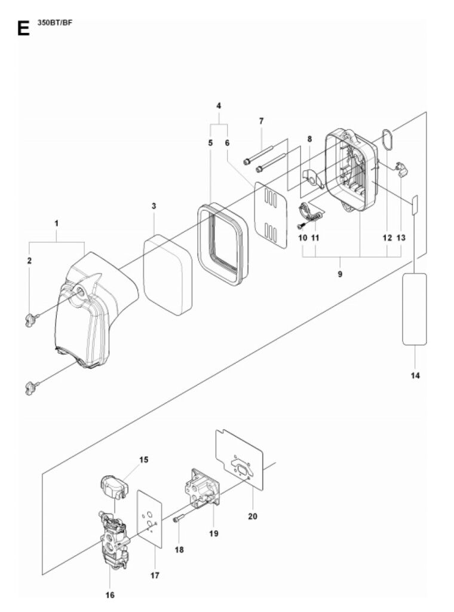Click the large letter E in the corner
[23, 28]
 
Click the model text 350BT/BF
[55, 22]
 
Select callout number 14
[415, 375]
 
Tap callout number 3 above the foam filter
[154, 206]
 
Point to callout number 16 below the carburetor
[110, 595]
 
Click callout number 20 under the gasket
[253, 516]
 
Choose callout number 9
[340, 274]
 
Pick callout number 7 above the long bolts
[261, 121]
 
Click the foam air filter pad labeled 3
[168, 275]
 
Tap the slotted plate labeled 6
[271, 215]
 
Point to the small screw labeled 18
[178, 521]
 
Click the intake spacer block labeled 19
[202, 489]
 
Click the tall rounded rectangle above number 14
[414, 309]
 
